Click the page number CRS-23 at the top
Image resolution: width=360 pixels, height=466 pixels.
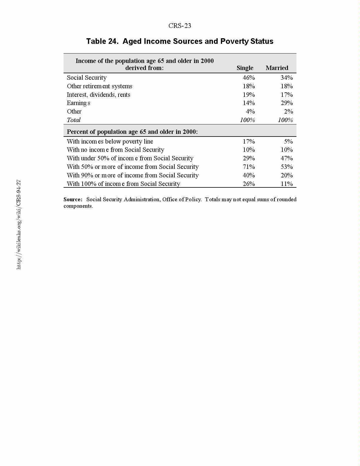pyautogui.click(x=180, y=26)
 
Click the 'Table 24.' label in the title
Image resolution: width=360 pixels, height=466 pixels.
pyautogui.click(x=102, y=41)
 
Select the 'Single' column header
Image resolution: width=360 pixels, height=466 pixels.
pyautogui.click(x=245, y=68)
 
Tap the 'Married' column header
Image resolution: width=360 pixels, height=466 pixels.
pyautogui.click(x=277, y=68)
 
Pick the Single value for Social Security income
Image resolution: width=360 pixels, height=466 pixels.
pyautogui.click(x=249, y=78)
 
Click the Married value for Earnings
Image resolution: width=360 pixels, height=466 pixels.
pyautogui.click(x=286, y=103)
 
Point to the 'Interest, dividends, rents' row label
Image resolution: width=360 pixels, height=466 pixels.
pyautogui.click(x=99, y=95)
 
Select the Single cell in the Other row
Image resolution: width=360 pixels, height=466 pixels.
pyautogui.click(x=250, y=111)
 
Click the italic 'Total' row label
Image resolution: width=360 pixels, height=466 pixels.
pyautogui.click(x=74, y=120)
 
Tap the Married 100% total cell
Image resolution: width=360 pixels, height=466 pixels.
pyautogui.click(x=285, y=120)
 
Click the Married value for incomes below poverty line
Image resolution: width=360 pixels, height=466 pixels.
pyautogui.click(x=288, y=142)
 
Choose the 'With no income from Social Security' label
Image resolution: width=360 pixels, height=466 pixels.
pyautogui.click(x=115, y=150)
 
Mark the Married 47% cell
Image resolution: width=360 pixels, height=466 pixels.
pyautogui.click(x=286, y=158)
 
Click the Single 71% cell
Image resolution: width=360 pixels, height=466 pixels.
pyautogui.click(x=249, y=167)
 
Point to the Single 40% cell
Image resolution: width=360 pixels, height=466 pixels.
pyautogui.click(x=249, y=175)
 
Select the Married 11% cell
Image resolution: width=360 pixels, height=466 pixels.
pyautogui.click(x=286, y=184)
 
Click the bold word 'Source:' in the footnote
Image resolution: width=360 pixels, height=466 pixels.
pyautogui.click(x=73, y=199)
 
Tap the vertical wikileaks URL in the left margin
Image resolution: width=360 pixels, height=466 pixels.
pyautogui.click(x=19, y=224)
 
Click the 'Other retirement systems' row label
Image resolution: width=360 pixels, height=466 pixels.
pyautogui.click(x=99, y=86)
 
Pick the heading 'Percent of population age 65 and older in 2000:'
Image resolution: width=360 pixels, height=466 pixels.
pyautogui.click(x=132, y=132)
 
